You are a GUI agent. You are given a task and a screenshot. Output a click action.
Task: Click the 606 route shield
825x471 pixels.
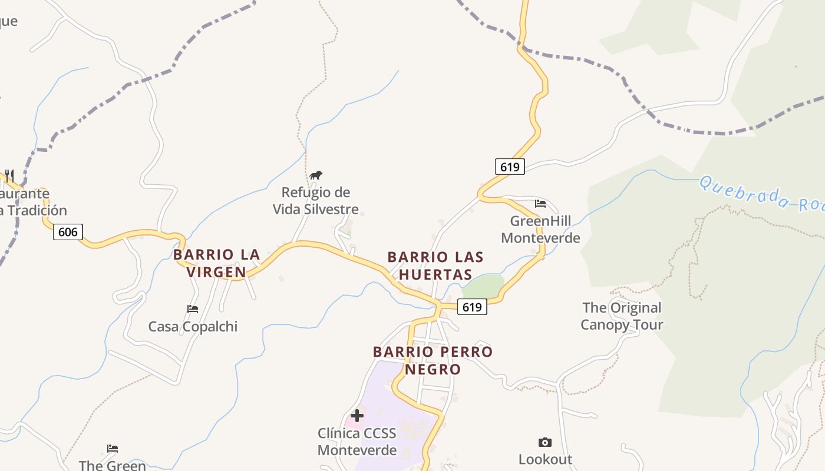point(68,232)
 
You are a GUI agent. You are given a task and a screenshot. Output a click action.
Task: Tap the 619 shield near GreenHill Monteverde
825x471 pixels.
point(509,167)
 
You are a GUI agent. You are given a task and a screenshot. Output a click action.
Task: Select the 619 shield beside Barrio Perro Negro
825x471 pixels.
point(472,307)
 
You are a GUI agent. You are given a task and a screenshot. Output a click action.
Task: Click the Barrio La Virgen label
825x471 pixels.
point(216,263)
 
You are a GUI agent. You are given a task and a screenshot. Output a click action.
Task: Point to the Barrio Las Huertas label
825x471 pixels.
point(435,266)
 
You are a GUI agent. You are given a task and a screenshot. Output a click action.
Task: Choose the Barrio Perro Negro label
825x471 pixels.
point(433,360)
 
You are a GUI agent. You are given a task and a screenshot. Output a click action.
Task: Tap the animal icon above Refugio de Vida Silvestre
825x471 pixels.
point(316,175)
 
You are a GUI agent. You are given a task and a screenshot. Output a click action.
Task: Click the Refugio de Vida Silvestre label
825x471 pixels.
point(315,201)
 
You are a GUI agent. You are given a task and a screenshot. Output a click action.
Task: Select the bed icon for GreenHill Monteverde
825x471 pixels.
point(540,204)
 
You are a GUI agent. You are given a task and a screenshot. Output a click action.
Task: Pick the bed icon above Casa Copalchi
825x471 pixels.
point(193,309)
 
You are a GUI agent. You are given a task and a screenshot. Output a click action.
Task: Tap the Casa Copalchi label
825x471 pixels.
point(193,327)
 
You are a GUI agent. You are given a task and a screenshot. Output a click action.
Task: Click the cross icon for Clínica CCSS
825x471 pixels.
point(357,415)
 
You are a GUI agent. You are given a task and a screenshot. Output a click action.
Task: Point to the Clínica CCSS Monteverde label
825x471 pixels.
point(357,442)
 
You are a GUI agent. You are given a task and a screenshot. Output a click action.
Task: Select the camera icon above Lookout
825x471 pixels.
point(545,442)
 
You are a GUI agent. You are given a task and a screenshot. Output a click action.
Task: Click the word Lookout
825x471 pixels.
point(545,459)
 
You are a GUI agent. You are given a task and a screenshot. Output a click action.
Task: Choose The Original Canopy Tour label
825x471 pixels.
point(622,316)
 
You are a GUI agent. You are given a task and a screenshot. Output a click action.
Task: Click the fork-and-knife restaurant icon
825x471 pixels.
point(9,175)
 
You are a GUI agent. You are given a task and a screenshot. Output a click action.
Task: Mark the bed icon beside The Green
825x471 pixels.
point(113,449)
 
